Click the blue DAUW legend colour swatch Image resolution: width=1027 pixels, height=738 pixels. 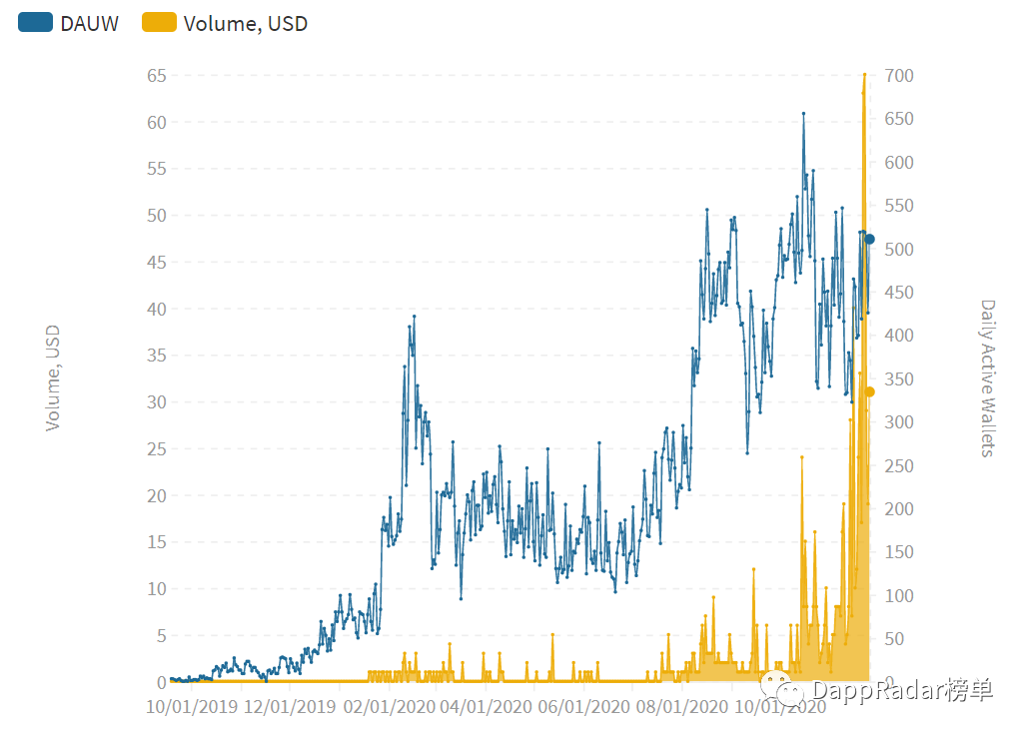(35, 24)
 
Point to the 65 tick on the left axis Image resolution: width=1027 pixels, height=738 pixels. (156, 76)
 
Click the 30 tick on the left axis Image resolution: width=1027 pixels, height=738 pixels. (156, 402)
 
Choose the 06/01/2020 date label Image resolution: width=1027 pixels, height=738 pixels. (582, 707)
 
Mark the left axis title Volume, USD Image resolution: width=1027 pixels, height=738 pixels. (53, 377)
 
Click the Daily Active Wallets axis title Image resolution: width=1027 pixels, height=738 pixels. (988, 377)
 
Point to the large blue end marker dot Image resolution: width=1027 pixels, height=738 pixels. (870, 239)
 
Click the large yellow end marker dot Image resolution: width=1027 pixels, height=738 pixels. (870, 391)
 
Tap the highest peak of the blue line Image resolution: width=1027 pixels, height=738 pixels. (803, 114)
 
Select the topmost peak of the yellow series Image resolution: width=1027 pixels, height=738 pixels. (864, 75)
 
